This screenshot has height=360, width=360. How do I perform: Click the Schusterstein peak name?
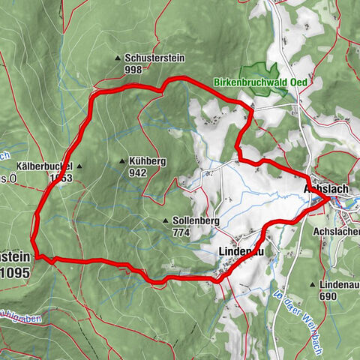point(154,58)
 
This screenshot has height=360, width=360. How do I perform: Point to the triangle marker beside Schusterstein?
point(118,58)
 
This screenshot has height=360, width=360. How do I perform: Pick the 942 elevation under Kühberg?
point(137,172)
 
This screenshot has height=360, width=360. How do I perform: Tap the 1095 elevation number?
point(15,274)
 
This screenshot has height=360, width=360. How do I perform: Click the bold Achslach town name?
point(327,189)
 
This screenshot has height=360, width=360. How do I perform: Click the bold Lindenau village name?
point(240,250)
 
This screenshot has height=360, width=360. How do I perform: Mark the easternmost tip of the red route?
point(327,199)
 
